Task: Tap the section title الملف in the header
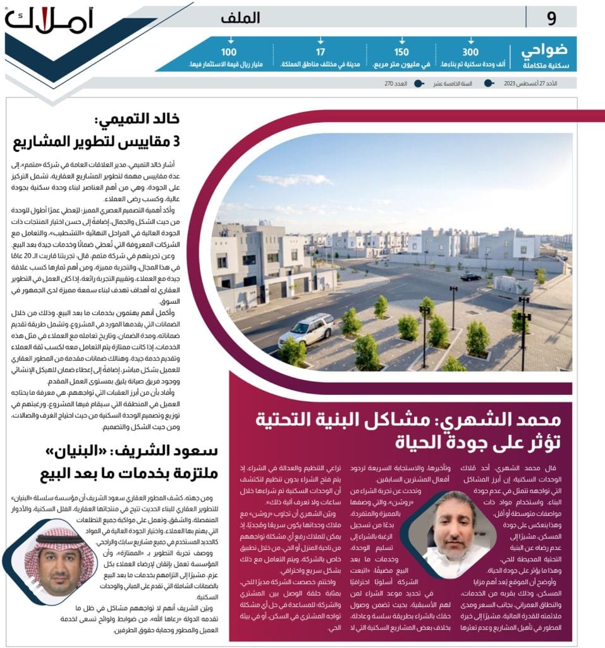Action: point(240,18)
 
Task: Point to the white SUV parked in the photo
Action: point(307,328)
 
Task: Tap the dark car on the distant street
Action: point(470,277)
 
